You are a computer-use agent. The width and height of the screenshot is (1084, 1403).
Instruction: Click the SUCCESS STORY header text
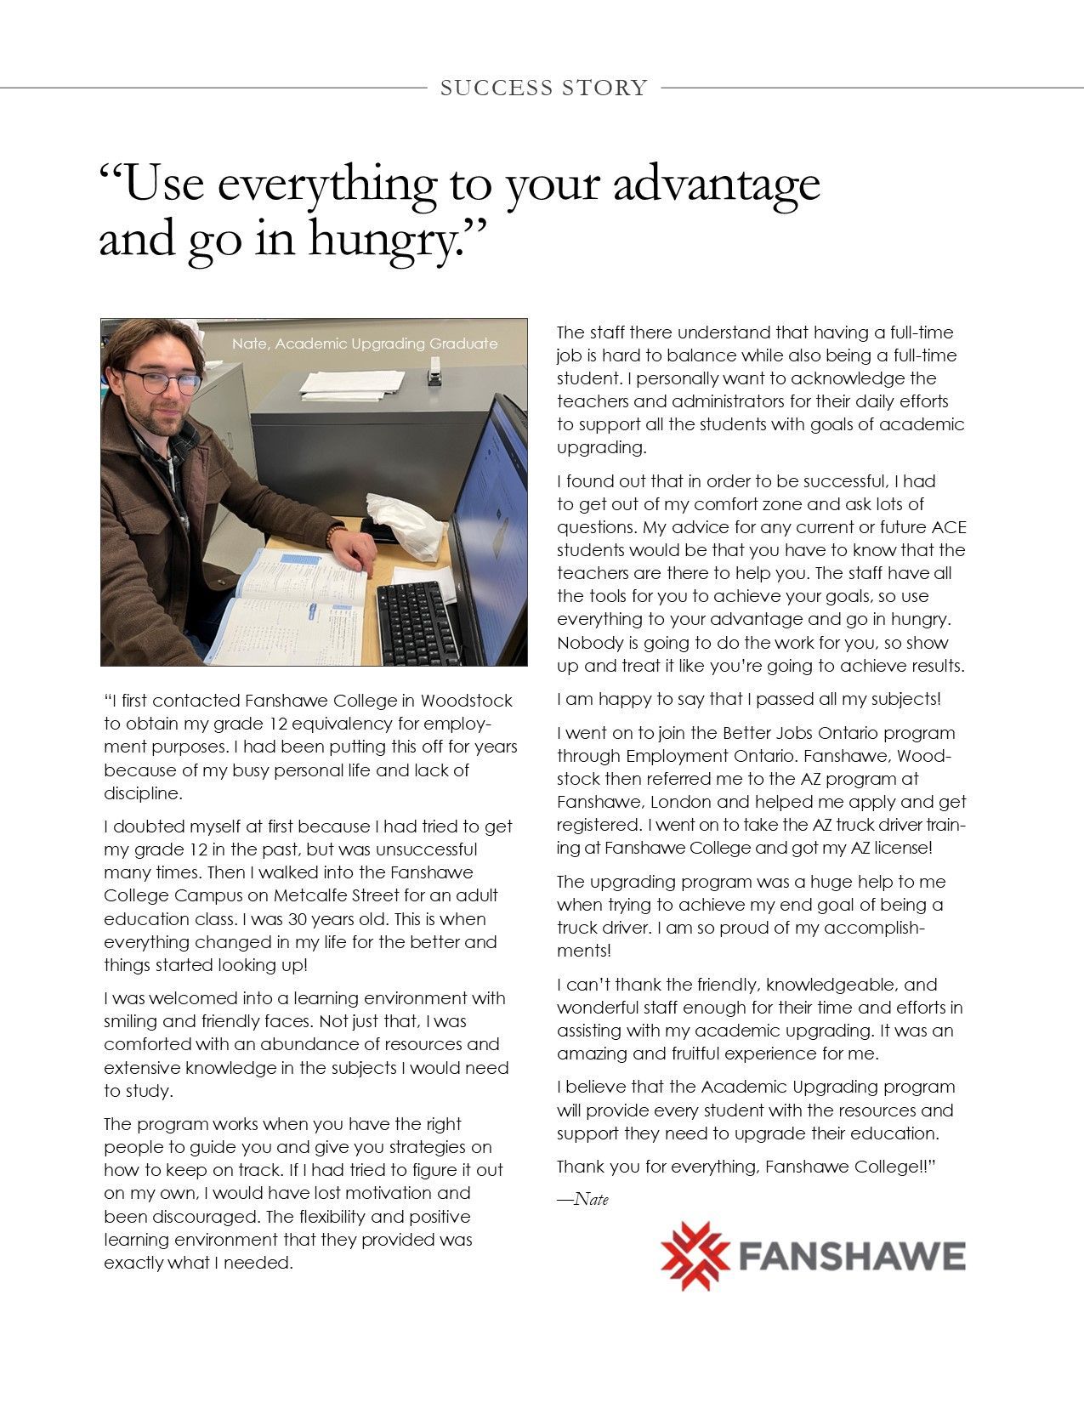[543, 88]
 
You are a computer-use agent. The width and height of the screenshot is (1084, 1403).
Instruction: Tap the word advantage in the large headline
[716, 185]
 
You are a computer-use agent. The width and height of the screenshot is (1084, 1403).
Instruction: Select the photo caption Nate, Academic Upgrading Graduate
[365, 344]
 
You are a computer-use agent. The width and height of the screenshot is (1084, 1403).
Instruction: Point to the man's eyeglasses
[162, 380]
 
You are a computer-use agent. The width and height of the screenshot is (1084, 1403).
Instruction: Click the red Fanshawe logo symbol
[695, 1256]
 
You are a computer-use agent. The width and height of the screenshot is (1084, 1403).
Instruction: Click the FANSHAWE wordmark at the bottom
[851, 1256]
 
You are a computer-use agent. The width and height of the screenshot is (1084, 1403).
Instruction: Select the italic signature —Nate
[583, 1200]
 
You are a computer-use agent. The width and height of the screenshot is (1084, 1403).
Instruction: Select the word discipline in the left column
[141, 793]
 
